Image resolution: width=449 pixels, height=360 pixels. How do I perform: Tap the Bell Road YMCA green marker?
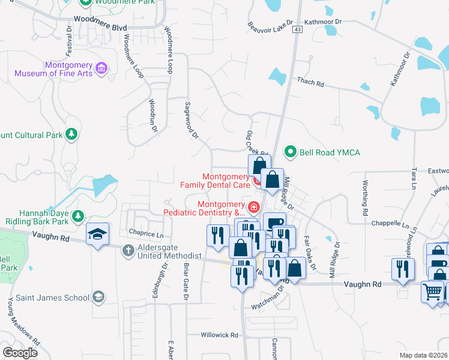(291, 152)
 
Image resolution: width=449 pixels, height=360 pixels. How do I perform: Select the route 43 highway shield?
(297, 29)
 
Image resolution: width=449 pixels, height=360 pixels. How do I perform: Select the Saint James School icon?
(98, 296)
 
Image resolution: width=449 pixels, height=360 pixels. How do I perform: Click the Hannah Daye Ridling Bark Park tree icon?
(77, 215)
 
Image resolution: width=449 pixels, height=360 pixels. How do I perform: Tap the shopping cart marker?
(432, 292)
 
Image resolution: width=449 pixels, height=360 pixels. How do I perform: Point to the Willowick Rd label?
(219, 335)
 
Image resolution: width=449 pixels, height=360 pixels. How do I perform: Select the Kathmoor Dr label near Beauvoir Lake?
(322, 22)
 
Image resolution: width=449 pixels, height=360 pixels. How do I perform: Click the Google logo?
(20, 352)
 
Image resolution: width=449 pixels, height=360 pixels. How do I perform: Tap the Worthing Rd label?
(364, 198)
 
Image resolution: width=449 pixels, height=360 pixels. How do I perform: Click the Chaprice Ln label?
(145, 233)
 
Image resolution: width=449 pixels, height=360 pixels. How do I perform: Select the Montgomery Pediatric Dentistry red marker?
(255, 208)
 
